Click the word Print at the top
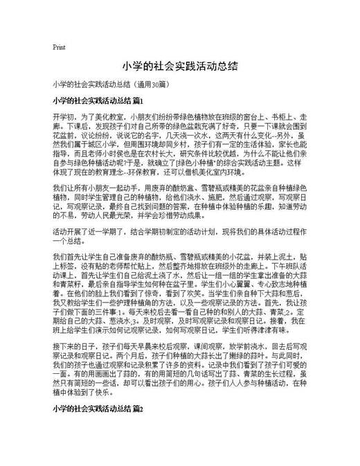pyautogui.click(x=59, y=48)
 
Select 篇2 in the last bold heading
pyautogui.click(x=137, y=410)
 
